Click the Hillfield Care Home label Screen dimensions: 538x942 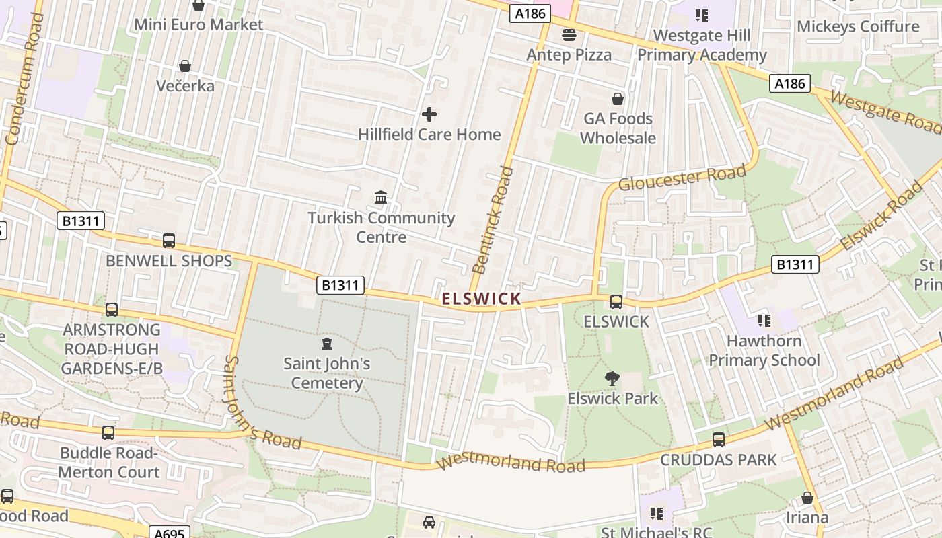tap(429, 134)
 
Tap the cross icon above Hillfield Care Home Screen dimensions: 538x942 tap(429, 114)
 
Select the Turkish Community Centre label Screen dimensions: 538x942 tap(381, 227)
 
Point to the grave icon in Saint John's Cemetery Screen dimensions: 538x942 tap(327, 344)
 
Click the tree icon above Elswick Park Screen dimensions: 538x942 tap(612, 379)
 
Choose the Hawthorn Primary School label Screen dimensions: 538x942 tap(764, 350)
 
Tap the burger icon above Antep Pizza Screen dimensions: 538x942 tap(569, 34)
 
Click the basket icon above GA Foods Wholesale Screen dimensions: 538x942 tap(618, 100)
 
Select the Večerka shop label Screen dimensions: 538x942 tap(185, 86)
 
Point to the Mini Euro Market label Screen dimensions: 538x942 tap(198, 25)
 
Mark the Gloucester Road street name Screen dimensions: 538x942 tap(682, 178)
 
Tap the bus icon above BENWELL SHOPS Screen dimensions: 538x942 tap(169, 241)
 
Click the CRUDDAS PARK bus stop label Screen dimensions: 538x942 tap(719, 460)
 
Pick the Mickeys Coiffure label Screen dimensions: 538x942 tap(858, 26)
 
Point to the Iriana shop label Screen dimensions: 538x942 tap(807, 518)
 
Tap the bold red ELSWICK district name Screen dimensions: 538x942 tap(481, 299)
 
